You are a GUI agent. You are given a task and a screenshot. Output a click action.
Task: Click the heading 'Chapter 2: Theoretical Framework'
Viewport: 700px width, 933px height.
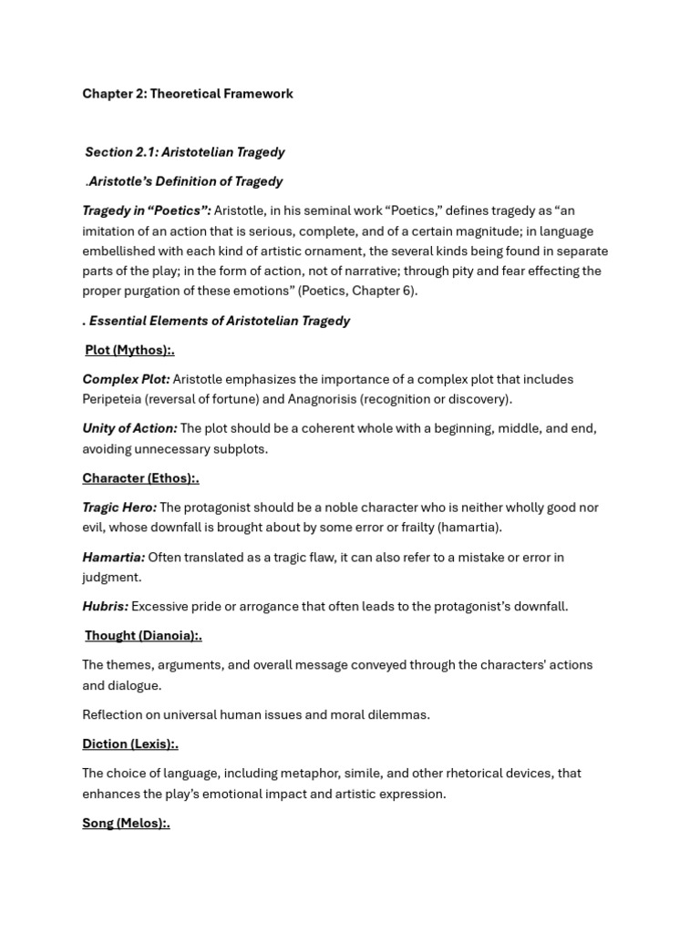pyautogui.click(x=188, y=94)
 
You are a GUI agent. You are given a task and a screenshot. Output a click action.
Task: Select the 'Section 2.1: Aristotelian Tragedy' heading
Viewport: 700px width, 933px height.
pyautogui.click(x=185, y=152)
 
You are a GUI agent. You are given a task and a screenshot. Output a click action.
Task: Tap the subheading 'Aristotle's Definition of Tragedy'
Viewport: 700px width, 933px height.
pyautogui.click(x=185, y=181)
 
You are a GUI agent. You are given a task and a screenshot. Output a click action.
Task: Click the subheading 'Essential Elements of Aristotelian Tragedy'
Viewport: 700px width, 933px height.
pyautogui.click(x=219, y=321)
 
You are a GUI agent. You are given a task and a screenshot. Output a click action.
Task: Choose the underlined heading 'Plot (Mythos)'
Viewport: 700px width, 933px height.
pyautogui.click(x=129, y=350)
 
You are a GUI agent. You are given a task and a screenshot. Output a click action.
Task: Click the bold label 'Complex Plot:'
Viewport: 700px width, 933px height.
pyautogui.click(x=126, y=379)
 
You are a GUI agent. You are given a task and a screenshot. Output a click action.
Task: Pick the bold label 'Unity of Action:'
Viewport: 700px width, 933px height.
pyautogui.click(x=129, y=428)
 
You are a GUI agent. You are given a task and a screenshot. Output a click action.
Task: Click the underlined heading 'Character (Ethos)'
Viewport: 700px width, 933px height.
pyautogui.click(x=139, y=478)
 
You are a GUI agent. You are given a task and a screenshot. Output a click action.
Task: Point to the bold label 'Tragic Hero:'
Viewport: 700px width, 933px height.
pyautogui.click(x=119, y=508)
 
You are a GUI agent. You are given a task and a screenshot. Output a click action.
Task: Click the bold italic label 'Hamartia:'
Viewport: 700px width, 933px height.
pyautogui.click(x=114, y=557)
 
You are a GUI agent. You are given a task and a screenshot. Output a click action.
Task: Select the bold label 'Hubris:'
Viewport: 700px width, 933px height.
pyautogui.click(x=106, y=606)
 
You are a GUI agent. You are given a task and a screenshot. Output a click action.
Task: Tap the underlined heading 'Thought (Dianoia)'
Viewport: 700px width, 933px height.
pyautogui.click(x=142, y=636)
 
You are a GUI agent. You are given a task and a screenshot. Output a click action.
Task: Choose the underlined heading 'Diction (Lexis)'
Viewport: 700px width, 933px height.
pyautogui.click(x=129, y=744)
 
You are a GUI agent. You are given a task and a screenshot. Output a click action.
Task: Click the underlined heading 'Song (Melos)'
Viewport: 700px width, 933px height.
pyautogui.click(x=125, y=823)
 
